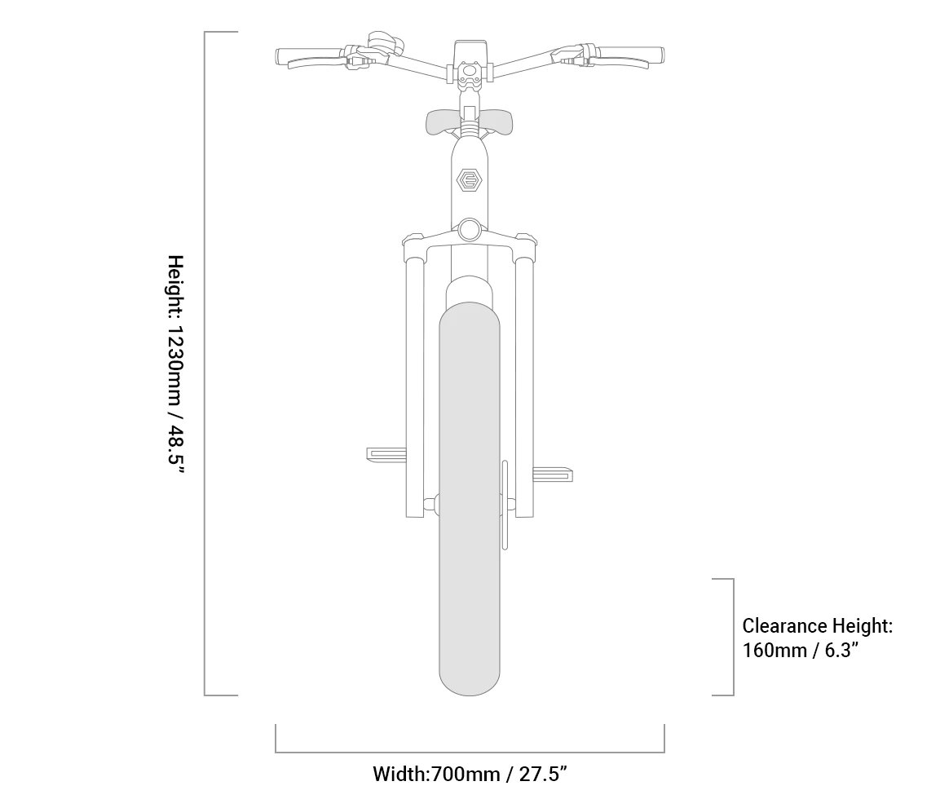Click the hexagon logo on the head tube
[470, 179]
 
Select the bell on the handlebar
[385, 43]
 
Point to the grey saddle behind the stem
[470, 123]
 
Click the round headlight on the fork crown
[470, 230]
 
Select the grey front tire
[470, 499]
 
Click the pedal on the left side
[386, 454]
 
